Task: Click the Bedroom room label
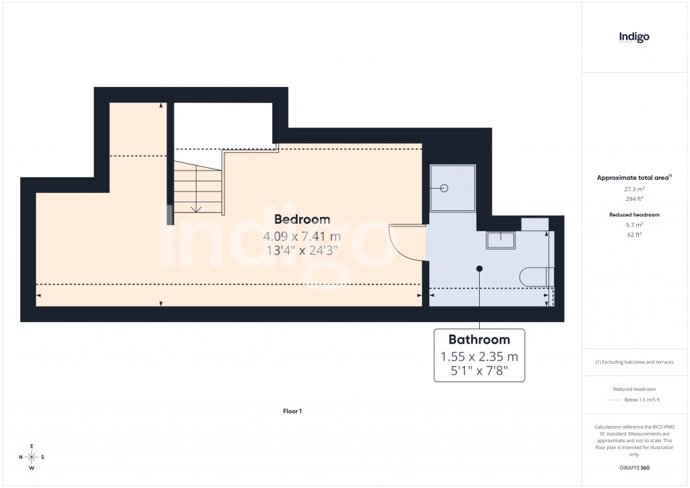tap(302, 219)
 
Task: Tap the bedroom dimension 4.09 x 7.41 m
tap(302, 237)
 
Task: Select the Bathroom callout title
tap(479, 339)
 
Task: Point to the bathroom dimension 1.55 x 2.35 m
tap(479, 357)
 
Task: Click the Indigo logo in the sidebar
tap(634, 37)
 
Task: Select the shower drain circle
tap(445, 188)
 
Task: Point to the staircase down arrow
tap(196, 208)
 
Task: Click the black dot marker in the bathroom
tap(480, 268)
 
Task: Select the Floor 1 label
tap(292, 410)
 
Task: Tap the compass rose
tap(32, 457)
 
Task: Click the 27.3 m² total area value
tap(634, 189)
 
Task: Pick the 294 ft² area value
tap(634, 199)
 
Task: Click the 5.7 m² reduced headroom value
tap(634, 224)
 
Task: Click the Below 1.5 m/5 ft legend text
tap(642, 400)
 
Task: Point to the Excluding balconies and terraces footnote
tap(634, 362)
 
